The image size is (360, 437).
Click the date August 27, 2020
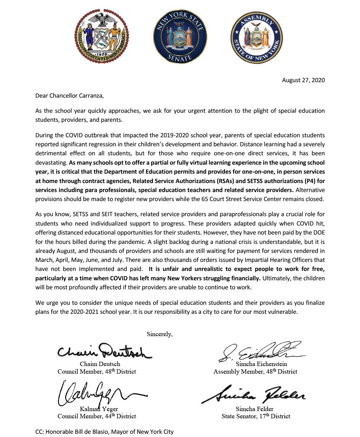click(x=303, y=80)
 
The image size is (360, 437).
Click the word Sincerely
click(x=159, y=334)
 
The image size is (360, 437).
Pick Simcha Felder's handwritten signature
click(x=254, y=394)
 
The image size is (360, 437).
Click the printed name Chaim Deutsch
click(x=100, y=364)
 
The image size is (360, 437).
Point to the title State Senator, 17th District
click(x=256, y=416)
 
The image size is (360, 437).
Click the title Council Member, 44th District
click(x=97, y=416)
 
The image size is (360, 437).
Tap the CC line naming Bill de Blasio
click(x=104, y=431)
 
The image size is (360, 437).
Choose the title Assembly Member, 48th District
click(x=255, y=371)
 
